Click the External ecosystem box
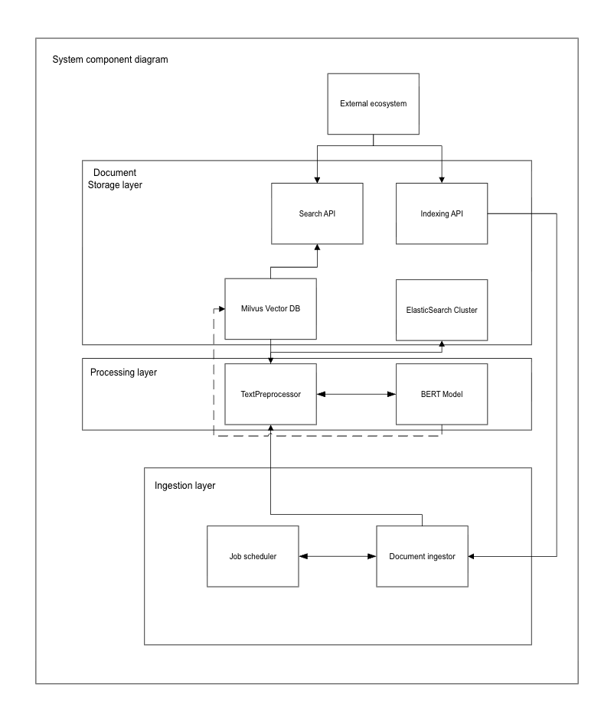click(x=373, y=103)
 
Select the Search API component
click(x=317, y=213)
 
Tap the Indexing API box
click(x=442, y=213)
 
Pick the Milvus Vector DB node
click(x=270, y=309)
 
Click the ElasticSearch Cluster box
click(x=442, y=310)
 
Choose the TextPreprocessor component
click(x=270, y=394)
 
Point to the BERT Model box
click(x=442, y=394)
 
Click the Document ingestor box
click(x=422, y=556)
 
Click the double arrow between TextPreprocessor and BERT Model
click(x=356, y=395)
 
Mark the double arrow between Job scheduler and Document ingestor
click(x=338, y=556)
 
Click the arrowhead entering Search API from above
click(x=317, y=179)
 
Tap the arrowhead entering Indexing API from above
click(x=442, y=179)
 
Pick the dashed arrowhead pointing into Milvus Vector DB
click(x=220, y=309)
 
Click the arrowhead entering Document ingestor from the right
click(x=472, y=556)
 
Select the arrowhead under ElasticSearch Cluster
click(x=442, y=344)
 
